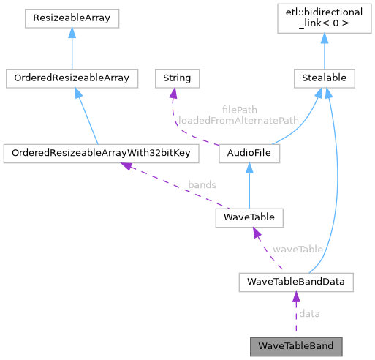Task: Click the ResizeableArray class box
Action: pyautogui.click(x=71, y=18)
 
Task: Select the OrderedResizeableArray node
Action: pyautogui.click(x=71, y=77)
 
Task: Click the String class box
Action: pyautogui.click(x=173, y=77)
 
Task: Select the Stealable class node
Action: pyautogui.click(x=324, y=77)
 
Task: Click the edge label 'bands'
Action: pyautogui.click(x=201, y=185)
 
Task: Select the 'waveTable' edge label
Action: pyautogui.click(x=298, y=249)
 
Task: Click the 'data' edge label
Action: pyautogui.click(x=309, y=313)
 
